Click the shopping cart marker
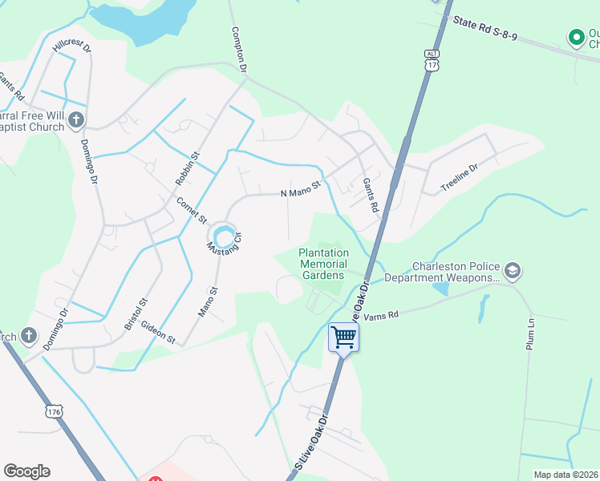(343, 337)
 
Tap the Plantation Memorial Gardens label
(323, 264)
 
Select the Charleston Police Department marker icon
(513, 272)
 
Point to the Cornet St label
(193, 210)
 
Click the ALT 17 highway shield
(432, 60)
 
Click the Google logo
(26, 471)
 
